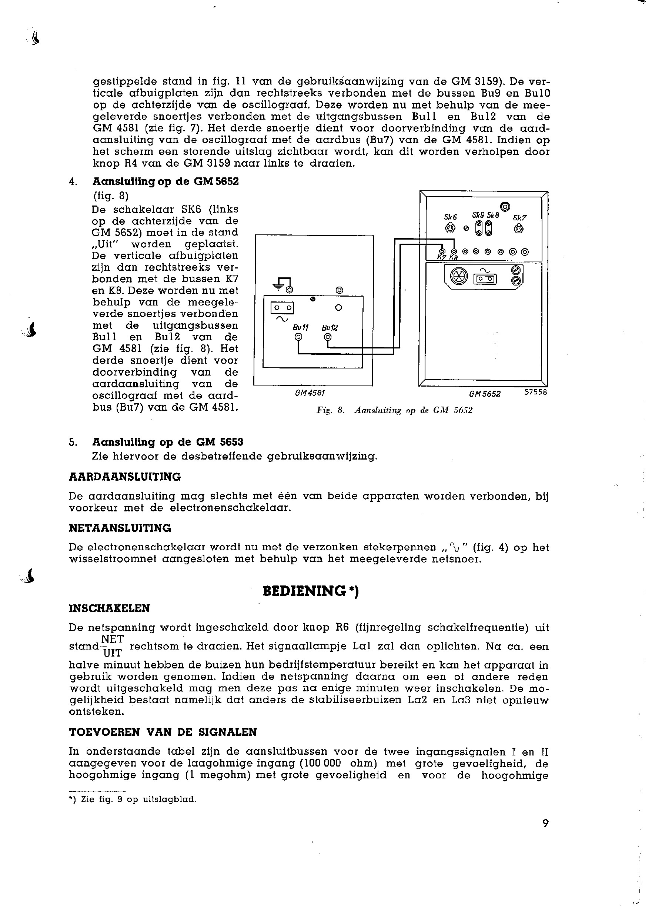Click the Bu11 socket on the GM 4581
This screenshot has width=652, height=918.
pos(298,337)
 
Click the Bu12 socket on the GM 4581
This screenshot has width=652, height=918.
pos(328,337)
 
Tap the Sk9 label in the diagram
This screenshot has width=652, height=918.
pos(478,215)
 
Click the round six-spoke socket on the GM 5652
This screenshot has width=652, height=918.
pos(459,276)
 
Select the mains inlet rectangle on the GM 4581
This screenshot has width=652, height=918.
pos(282,308)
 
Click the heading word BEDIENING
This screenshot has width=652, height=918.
pos(304,591)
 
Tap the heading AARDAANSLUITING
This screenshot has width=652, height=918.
pos(125,477)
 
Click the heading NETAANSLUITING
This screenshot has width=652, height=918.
pos(120,528)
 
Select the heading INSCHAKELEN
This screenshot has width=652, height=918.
pos(110,608)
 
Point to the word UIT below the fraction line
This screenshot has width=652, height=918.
pos(113,653)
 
